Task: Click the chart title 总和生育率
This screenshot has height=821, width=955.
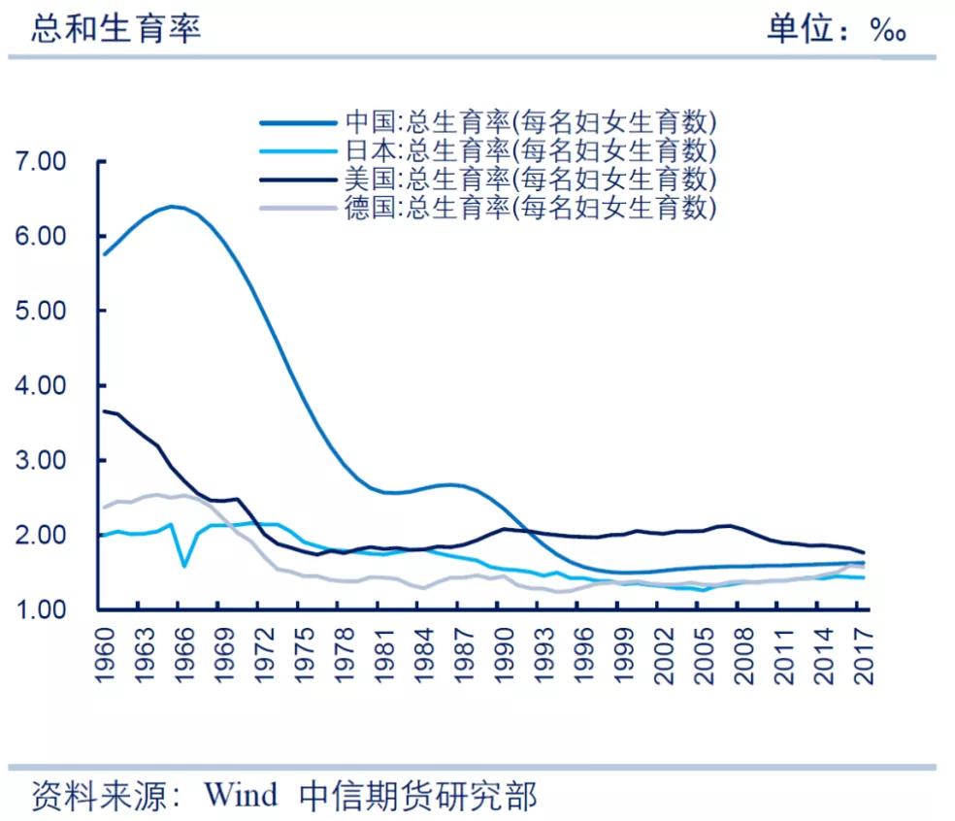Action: coord(115,28)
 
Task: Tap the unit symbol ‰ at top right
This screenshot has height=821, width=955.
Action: coord(887,30)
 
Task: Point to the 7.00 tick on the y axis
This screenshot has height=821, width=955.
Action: coord(41,162)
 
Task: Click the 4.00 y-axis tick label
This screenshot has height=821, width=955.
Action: coord(41,386)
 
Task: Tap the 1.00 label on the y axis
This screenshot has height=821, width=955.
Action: coord(41,610)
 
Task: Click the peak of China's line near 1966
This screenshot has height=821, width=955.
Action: coord(172,206)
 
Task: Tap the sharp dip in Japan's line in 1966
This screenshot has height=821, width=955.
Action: coord(184,565)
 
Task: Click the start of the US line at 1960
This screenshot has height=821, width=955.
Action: coord(105,410)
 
